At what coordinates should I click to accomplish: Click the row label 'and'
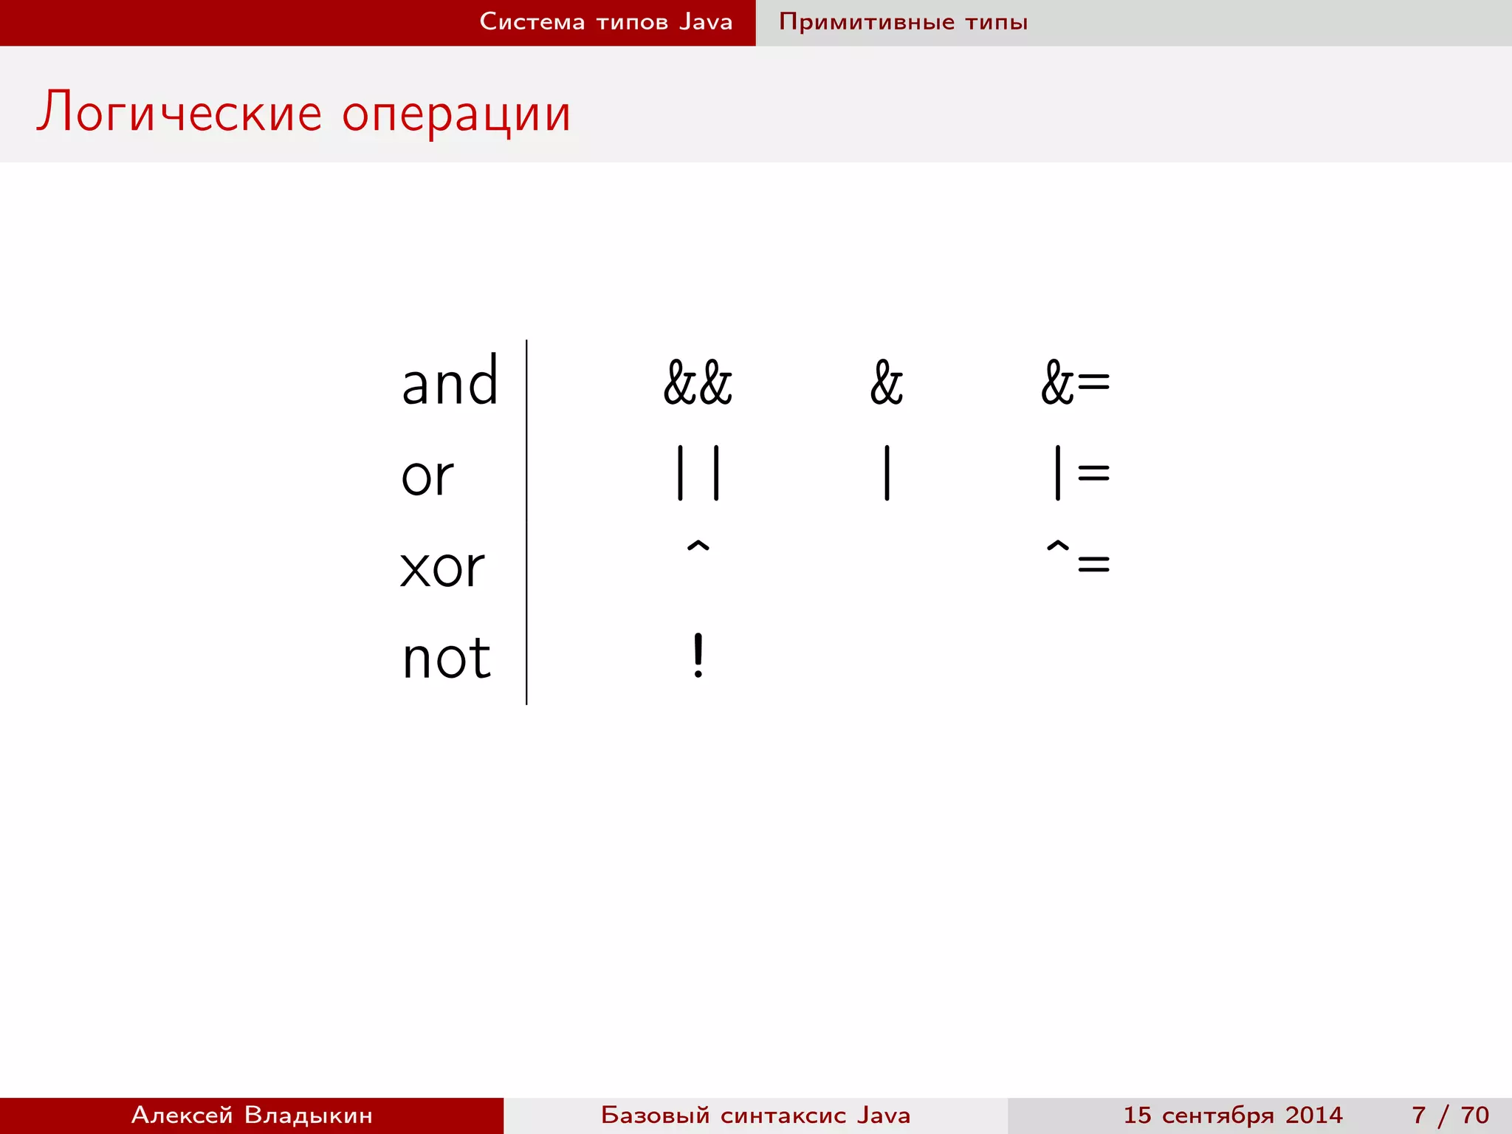(450, 382)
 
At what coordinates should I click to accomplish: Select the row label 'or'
(427, 476)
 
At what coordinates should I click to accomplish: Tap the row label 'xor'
(441, 568)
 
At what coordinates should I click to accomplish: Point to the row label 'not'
(446, 658)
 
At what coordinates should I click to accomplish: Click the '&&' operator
(698, 383)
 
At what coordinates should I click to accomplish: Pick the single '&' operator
(886, 383)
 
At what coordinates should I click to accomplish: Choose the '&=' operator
(1075, 383)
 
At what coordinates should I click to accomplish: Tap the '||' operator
(698, 473)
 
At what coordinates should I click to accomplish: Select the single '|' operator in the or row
(887, 473)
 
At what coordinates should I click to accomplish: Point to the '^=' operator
(1078, 557)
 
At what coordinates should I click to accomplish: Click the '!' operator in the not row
(698, 656)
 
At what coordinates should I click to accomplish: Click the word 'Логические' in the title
(179, 113)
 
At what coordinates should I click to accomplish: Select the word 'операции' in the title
(456, 115)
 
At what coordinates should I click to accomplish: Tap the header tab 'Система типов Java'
(605, 22)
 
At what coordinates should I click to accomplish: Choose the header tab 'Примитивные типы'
(903, 22)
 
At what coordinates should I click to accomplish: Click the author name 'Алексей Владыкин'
(252, 1115)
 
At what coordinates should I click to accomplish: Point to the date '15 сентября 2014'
(1233, 1115)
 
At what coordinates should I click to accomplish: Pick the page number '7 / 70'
(1450, 1115)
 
